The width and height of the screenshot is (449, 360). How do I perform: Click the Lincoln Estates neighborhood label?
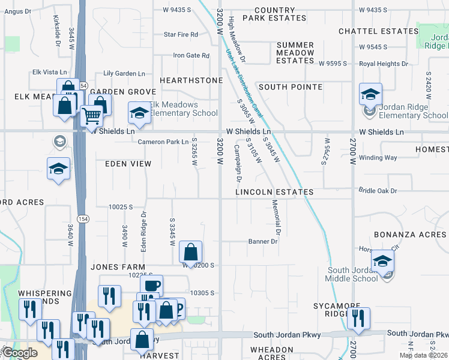tap(274, 192)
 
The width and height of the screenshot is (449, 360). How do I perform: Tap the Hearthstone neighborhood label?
tap(191, 80)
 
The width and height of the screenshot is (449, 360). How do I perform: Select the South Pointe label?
tap(291, 87)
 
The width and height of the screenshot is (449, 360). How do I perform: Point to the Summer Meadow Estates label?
tap(295, 53)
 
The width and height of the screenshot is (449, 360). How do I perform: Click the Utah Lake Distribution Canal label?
tap(244, 83)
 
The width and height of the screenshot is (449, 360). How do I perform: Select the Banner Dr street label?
tap(263, 242)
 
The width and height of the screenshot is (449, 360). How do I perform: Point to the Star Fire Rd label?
tap(181, 35)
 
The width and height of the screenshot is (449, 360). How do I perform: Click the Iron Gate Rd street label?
tap(191, 56)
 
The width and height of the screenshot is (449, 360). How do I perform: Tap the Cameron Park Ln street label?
tap(163, 142)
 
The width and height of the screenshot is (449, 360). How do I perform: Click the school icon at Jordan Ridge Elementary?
tap(370, 94)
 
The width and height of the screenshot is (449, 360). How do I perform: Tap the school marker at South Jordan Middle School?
tap(382, 261)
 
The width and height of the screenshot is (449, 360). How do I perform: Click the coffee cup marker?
tap(151, 285)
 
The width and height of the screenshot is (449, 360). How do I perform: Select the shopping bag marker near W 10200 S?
tap(190, 251)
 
